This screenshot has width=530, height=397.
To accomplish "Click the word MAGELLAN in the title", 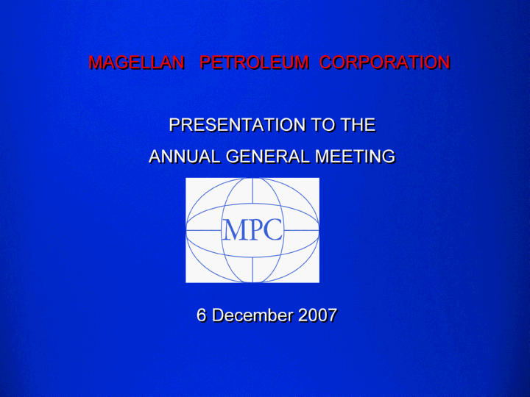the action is (x=136, y=62).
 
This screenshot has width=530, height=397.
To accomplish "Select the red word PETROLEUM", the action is (x=254, y=62).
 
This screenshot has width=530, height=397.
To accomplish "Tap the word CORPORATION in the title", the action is (x=385, y=62).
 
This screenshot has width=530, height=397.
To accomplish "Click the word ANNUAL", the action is (x=185, y=157).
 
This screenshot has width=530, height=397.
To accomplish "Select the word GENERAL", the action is (x=267, y=157).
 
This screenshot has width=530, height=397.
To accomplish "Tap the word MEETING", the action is (x=355, y=157).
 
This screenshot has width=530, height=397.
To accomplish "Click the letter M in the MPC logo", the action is (x=233, y=230).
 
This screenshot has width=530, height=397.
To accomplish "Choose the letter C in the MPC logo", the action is (x=272, y=230).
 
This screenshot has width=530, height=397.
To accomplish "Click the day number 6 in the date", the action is (x=202, y=315).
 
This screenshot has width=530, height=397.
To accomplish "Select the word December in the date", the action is (x=252, y=315).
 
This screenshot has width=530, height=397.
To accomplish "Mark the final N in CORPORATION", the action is (x=444, y=62).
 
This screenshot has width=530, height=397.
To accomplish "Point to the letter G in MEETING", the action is (x=388, y=157).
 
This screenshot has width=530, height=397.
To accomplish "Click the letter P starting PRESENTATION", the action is (x=174, y=125).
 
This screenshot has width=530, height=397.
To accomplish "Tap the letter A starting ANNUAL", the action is (x=156, y=157).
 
